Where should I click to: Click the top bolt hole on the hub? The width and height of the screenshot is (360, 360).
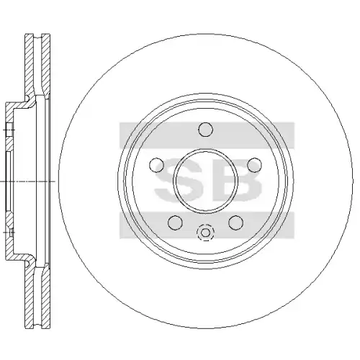point(206,130)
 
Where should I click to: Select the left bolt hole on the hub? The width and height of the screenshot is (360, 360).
point(156,165)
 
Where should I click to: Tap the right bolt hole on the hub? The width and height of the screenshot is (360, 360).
point(254,165)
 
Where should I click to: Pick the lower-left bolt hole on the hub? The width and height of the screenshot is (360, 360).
point(175,222)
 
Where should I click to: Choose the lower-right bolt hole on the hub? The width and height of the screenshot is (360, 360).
point(236,222)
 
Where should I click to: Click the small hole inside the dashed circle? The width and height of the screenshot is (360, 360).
point(205,233)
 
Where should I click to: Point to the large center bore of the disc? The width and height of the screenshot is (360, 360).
point(206,181)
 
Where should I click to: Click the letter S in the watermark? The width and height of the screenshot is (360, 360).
point(179,179)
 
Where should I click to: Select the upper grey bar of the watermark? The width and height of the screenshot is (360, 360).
point(207,135)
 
